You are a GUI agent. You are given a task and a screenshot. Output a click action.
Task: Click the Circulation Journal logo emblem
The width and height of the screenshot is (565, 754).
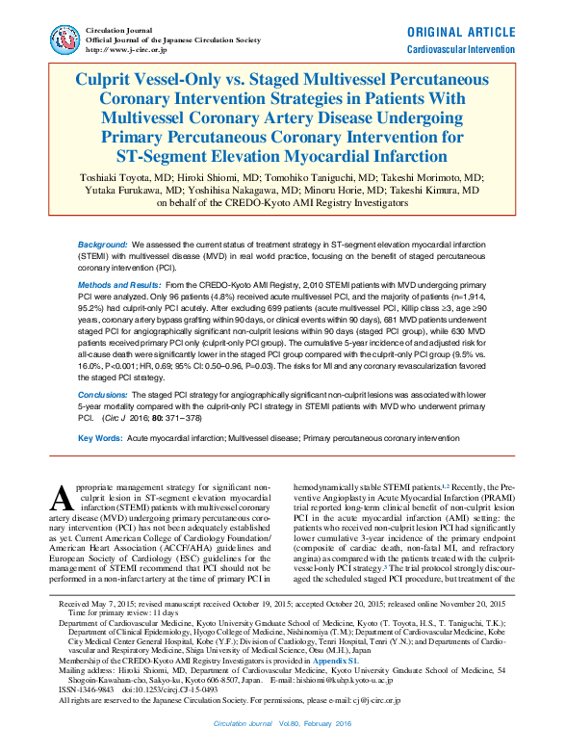pos(65,39)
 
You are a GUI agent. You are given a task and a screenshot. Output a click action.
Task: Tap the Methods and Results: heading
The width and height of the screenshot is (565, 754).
pos(119,287)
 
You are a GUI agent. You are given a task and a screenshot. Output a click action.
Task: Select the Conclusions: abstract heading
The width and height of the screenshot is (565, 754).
pos(105,393)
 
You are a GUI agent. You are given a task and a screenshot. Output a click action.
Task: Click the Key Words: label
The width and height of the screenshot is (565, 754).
pos(99,438)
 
